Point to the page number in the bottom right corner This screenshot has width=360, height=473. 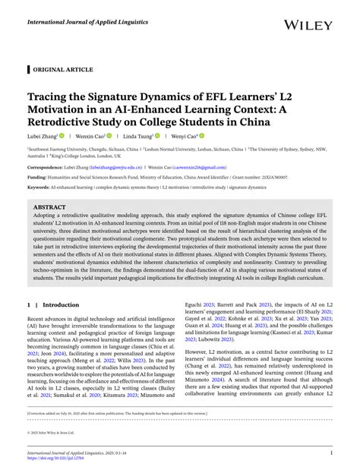332,454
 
